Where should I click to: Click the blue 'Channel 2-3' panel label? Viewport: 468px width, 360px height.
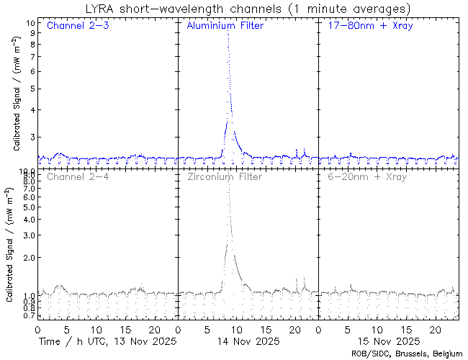76,26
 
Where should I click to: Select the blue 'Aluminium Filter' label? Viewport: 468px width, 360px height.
225,26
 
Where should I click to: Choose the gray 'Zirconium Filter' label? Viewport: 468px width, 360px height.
223,176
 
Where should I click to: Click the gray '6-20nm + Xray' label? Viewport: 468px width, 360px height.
366,176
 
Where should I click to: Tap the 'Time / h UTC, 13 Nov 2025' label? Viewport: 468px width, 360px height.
107,340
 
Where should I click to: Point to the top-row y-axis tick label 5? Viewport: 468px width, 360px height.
32,89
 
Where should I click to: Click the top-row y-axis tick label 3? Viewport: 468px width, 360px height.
32,137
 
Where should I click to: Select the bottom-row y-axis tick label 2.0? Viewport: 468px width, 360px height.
27,257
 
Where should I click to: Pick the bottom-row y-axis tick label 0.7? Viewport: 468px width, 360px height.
27,315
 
